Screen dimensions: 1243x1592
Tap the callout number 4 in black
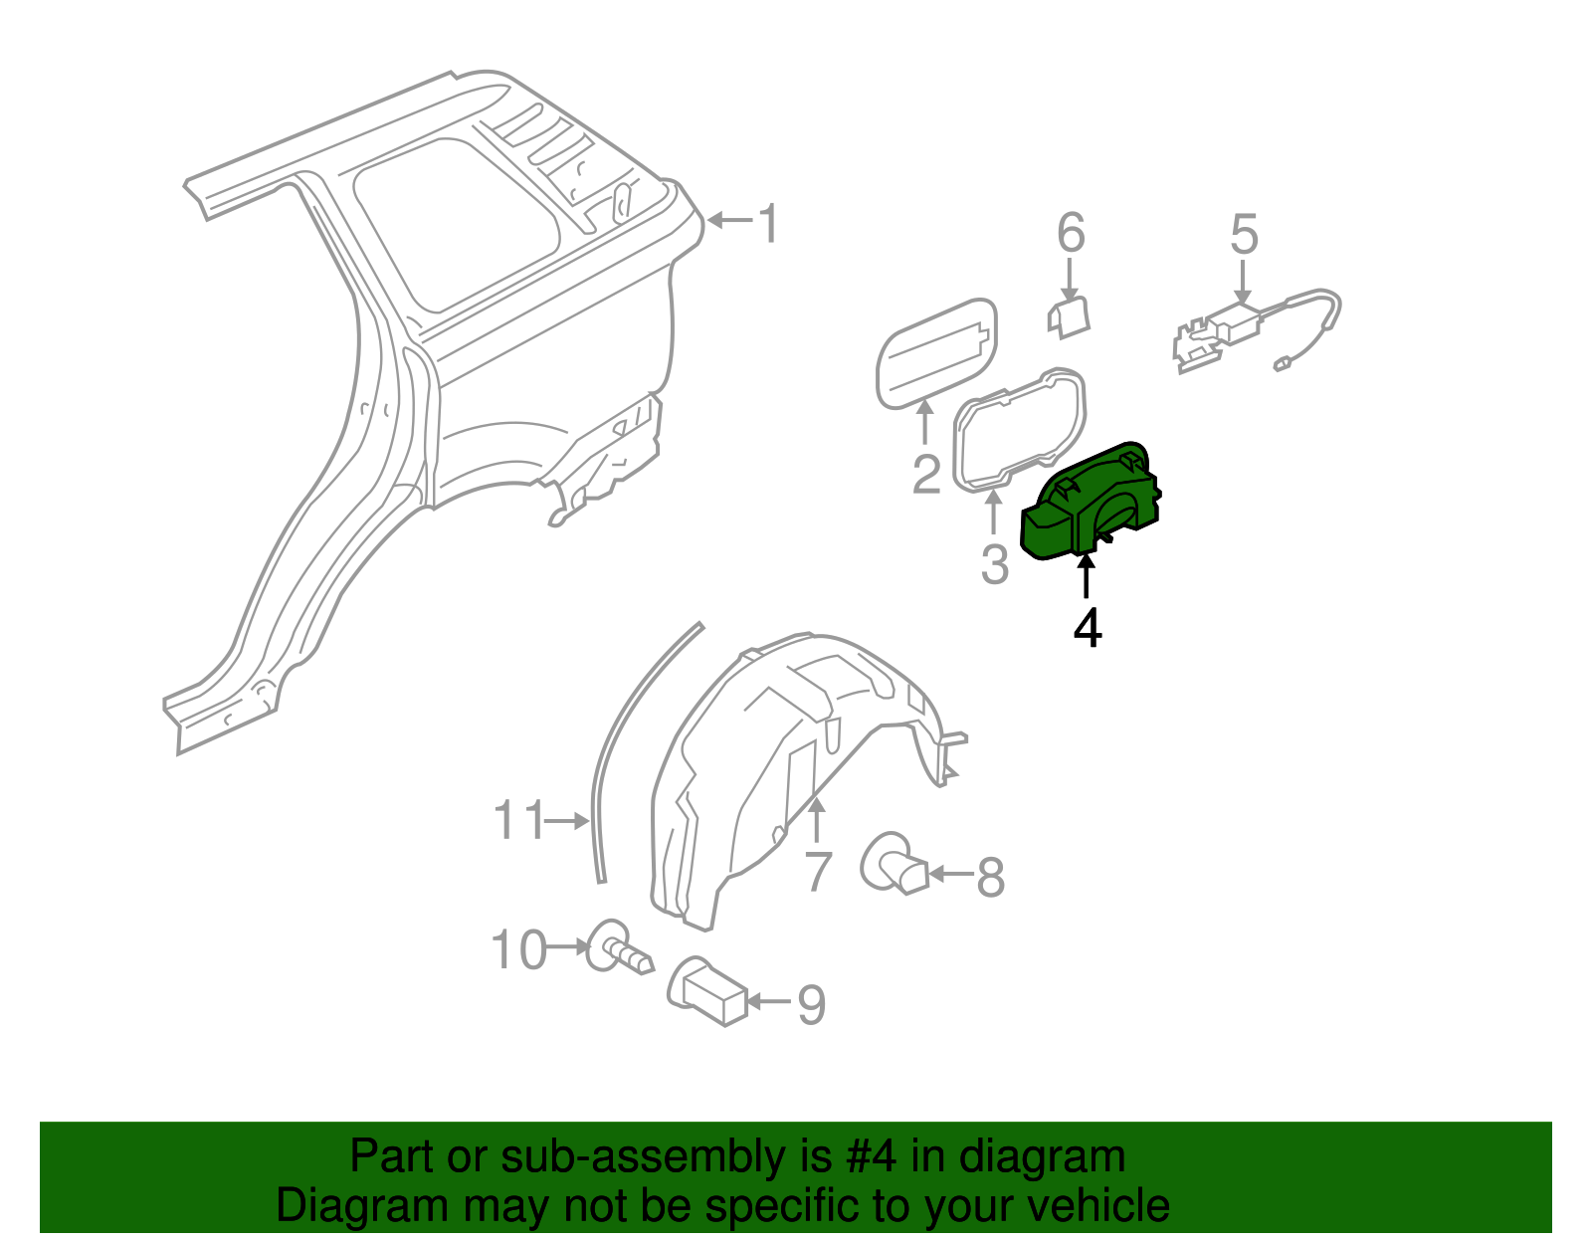(x=1088, y=628)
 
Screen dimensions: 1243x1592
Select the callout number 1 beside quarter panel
(x=768, y=223)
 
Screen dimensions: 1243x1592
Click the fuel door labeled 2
(x=935, y=352)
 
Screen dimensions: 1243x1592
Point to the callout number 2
(x=926, y=474)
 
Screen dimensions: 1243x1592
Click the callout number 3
(x=995, y=563)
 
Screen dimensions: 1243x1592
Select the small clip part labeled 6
(x=1069, y=316)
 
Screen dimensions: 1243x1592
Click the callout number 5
(x=1244, y=234)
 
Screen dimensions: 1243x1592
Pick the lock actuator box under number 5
(x=1235, y=324)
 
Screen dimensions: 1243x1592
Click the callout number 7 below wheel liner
(x=818, y=871)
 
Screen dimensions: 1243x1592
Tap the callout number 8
(x=990, y=877)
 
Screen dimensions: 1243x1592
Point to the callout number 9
(x=812, y=1004)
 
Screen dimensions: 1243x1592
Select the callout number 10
(x=519, y=949)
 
